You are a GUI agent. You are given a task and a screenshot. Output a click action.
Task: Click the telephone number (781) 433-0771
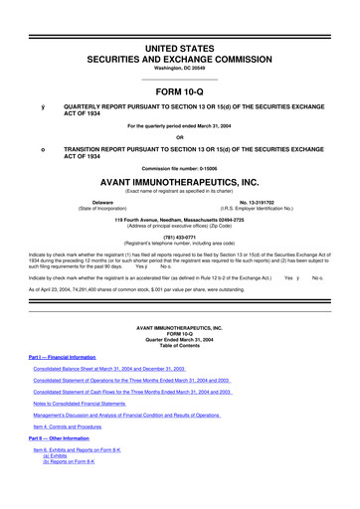(x=179, y=237)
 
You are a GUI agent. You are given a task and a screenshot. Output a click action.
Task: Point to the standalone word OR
(x=179, y=137)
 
